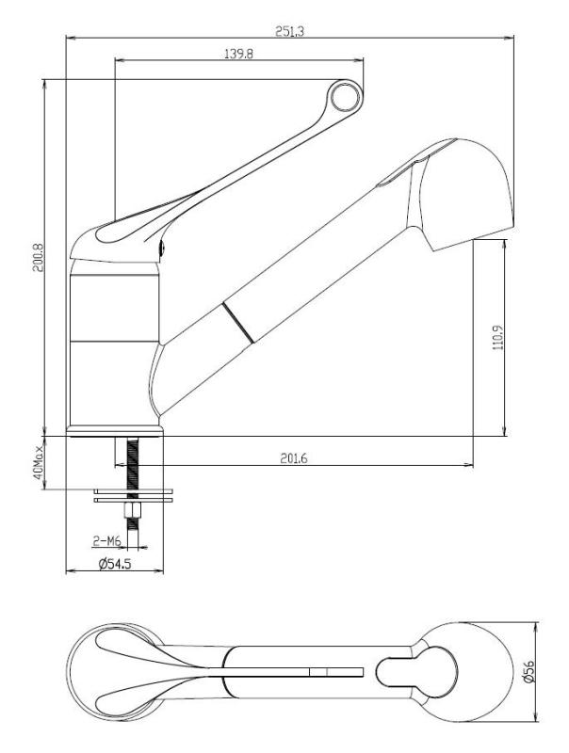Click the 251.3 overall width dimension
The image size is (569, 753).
click(x=289, y=31)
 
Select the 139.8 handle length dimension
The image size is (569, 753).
click(x=237, y=56)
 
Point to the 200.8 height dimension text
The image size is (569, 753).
click(x=37, y=256)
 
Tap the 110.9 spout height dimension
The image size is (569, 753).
click(x=496, y=338)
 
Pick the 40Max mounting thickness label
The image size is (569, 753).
click(x=39, y=462)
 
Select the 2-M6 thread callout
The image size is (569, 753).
click(x=106, y=541)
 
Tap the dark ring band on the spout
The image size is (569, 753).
click(x=237, y=322)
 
